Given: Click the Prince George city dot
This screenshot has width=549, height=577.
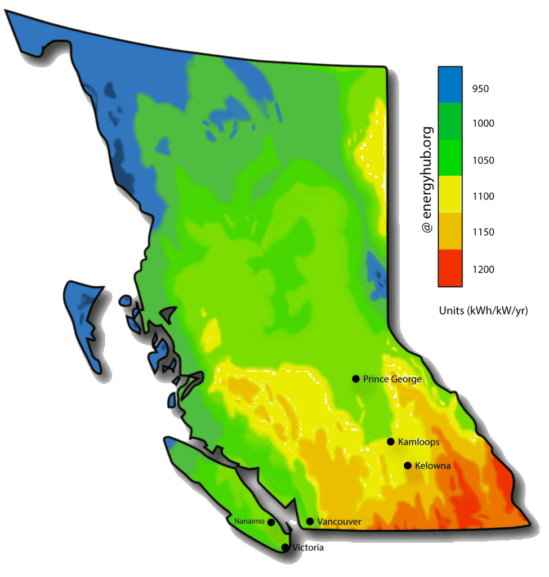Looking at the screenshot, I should coord(355,379).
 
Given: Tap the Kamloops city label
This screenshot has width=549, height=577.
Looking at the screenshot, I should coord(418,442).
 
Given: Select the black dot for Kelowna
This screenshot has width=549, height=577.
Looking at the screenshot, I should coord(407,465).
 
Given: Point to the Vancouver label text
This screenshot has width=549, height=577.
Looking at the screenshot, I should coord(339,522).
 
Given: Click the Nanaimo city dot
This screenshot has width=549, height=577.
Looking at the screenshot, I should coord(271,522).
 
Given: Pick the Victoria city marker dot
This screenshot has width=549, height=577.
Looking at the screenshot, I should coord(285,547).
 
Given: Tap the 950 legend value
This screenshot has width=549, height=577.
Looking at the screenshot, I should coord(480,88).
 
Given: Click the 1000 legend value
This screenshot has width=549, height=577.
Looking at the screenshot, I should coord(483,123).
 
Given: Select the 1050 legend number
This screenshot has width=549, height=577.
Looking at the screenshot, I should coord(483,161).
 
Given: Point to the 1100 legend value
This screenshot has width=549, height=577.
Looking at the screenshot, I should coord(483,197).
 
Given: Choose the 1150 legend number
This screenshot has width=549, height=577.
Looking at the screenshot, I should coord(483,233).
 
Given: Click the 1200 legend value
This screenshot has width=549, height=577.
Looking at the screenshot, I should coord(483,269).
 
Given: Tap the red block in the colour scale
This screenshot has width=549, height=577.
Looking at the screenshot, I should coord(450,268).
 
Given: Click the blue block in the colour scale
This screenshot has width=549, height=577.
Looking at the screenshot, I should coord(450,85).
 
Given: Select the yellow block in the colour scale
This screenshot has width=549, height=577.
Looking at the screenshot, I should coord(450,194).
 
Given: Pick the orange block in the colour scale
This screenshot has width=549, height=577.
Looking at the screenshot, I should coord(450,231).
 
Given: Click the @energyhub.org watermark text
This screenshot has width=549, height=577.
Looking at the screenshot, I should coord(427,180).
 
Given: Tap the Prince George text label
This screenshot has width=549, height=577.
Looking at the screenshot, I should coord(392,379).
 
